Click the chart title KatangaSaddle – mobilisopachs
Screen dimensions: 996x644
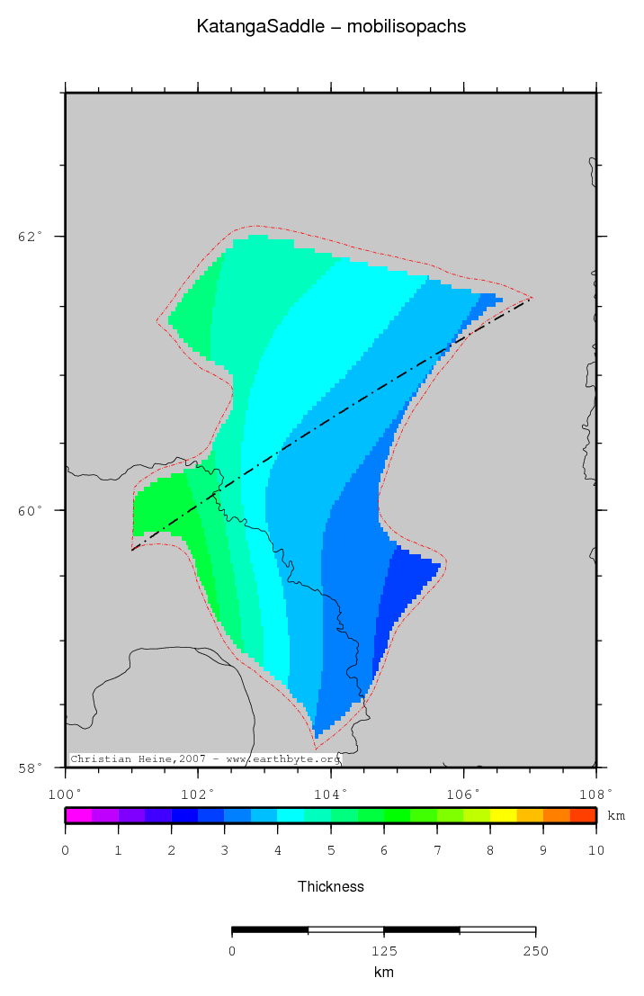point(331,27)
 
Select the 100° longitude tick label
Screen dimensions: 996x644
point(65,794)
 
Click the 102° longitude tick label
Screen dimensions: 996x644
point(198,794)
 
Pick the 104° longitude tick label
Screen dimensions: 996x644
point(331,794)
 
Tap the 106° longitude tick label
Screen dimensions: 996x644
point(463,794)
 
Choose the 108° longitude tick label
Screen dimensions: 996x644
point(595,794)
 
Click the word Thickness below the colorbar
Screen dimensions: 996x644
point(331,886)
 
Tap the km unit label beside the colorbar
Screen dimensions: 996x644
point(616,816)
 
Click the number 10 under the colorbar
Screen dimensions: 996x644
point(595,849)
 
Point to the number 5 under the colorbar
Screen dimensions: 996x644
point(331,849)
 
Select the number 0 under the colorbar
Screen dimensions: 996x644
point(65,849)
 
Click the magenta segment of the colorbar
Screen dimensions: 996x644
point(78,816)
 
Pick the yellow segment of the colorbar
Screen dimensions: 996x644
point(503,816)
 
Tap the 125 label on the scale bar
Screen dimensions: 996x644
point(383,951)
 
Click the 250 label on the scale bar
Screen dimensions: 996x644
point(535,951)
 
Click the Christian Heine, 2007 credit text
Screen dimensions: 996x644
point(205,759)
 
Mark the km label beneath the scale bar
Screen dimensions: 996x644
point(383,973)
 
